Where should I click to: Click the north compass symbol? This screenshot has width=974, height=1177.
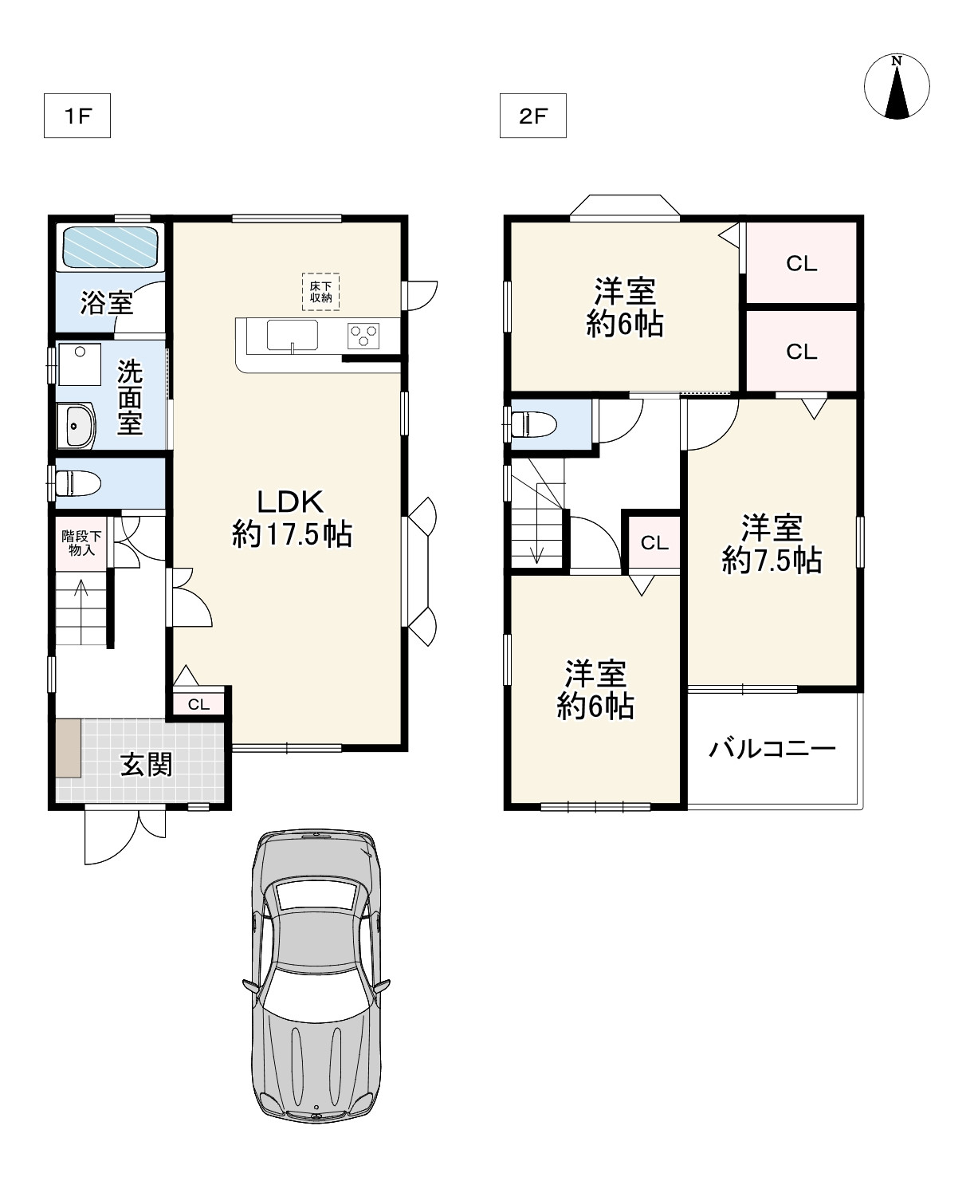[x=896, y=87]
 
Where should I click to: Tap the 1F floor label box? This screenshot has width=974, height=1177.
[x=77, y=116]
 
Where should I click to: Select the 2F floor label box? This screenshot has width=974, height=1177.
[x=533, y=116]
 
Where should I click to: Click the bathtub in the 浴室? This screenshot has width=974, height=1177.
[x=110, y=247]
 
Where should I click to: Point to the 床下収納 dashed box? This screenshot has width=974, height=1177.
[x=320, y=291]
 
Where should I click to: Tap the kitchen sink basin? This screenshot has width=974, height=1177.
[x=292, y=336]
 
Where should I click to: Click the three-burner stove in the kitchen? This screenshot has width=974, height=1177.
[x=363, y=336]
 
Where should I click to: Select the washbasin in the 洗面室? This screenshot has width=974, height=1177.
[x=76, y=426]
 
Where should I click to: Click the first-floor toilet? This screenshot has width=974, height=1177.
[x=78, y=483]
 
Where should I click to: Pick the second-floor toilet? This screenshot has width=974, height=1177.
[x=533, y=423]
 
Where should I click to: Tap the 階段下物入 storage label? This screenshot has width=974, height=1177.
[x=81, y=542]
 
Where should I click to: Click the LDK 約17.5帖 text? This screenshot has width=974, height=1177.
[x=292, y=518]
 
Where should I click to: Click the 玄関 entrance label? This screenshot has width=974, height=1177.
[x=147, y=765]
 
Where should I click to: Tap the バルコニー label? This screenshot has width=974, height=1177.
[x=772, y=749]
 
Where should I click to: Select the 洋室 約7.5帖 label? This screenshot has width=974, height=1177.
[x=772, y=544]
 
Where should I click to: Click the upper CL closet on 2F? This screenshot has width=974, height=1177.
[x=801, y=263]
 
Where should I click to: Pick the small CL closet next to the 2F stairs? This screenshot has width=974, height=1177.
[x=654, y=542]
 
